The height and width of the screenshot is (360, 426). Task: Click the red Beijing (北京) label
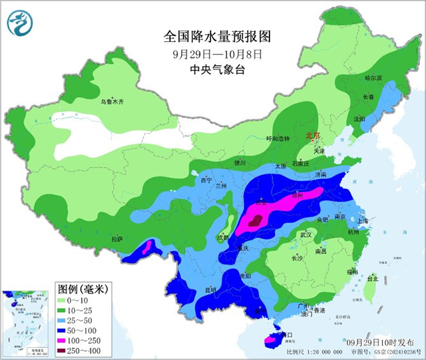click(x=312, y=135)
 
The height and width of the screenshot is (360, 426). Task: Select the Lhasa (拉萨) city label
click(x=117, y=238)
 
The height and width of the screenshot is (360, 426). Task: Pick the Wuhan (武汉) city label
click(x=306, y=234)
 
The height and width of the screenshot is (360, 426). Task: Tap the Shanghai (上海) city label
click(x=362, y=221)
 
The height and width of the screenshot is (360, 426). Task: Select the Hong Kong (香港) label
click(x=319, y=311)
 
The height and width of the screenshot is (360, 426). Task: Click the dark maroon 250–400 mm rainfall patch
click(x=254, y=224)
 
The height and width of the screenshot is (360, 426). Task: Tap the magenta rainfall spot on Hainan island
click(x=270, y=340)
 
